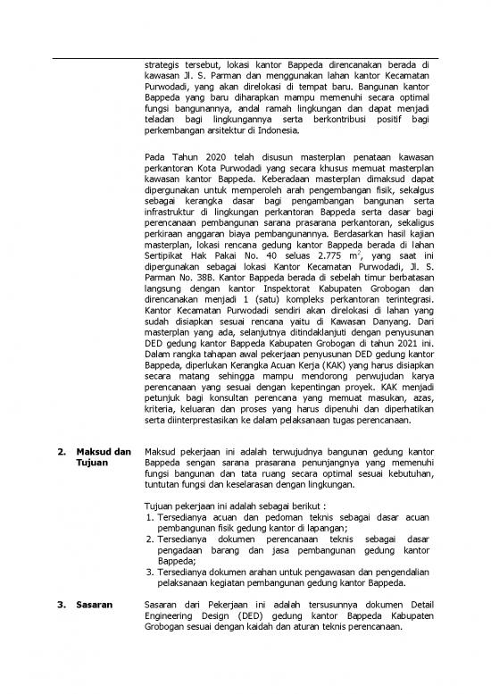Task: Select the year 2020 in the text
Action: coord(207,159)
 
